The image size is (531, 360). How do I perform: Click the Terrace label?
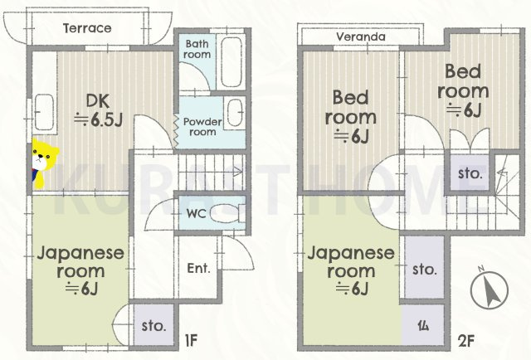87,28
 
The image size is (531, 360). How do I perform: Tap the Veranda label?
361,37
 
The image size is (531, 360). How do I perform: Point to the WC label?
195,212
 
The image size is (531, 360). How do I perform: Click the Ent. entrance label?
199,269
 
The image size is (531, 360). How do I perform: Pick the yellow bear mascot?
40,164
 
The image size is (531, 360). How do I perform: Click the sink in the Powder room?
236,112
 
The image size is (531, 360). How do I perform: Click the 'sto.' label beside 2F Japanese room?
425,270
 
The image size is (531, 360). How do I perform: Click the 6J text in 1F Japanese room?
82,288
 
